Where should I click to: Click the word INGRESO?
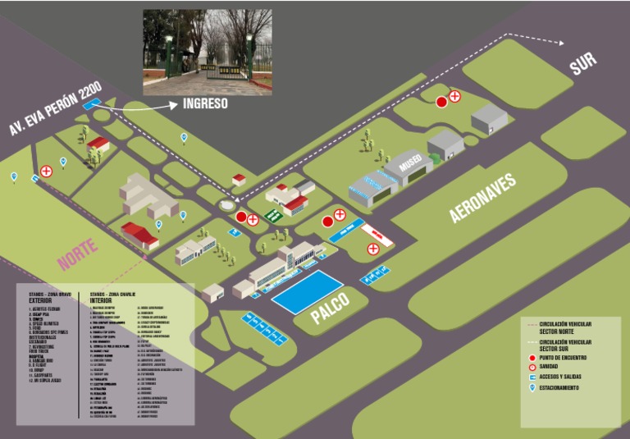pos(205,104)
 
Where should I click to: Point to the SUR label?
pos(583,63)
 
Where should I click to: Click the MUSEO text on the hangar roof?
pos(411,165)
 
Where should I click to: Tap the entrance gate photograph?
pos(208,53)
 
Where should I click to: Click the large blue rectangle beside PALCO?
pos(308,292)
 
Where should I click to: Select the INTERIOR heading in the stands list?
pos(103,301)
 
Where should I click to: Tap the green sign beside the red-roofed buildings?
pos(274,216)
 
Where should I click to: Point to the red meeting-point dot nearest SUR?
pos(441,102)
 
